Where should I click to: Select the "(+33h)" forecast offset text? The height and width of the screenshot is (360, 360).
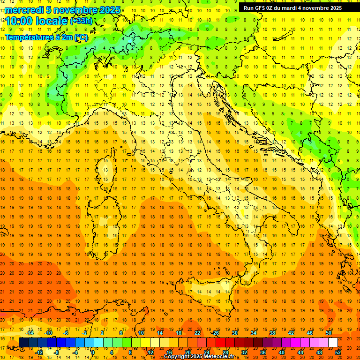[81, 21]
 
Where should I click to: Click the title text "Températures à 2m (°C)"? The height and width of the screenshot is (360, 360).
[46, 37]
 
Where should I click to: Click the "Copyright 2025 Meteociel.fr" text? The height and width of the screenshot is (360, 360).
[199, 357]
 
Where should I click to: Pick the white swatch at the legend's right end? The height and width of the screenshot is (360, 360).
[333, 343]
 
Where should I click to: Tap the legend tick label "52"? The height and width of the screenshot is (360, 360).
[338, 352]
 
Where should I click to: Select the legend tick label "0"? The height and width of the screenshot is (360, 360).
[93, 352]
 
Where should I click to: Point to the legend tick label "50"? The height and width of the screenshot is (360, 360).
[329, 333]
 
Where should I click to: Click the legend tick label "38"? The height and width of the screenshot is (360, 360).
[272, 333]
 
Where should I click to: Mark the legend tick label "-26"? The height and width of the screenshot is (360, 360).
[215, 333]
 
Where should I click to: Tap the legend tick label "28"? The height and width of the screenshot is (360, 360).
[225, 352]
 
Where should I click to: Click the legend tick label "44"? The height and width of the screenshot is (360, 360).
[300, 352]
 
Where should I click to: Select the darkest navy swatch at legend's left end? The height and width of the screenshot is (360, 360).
[23, 343]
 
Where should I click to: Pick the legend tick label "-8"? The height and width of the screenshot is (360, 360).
[57, 352]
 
